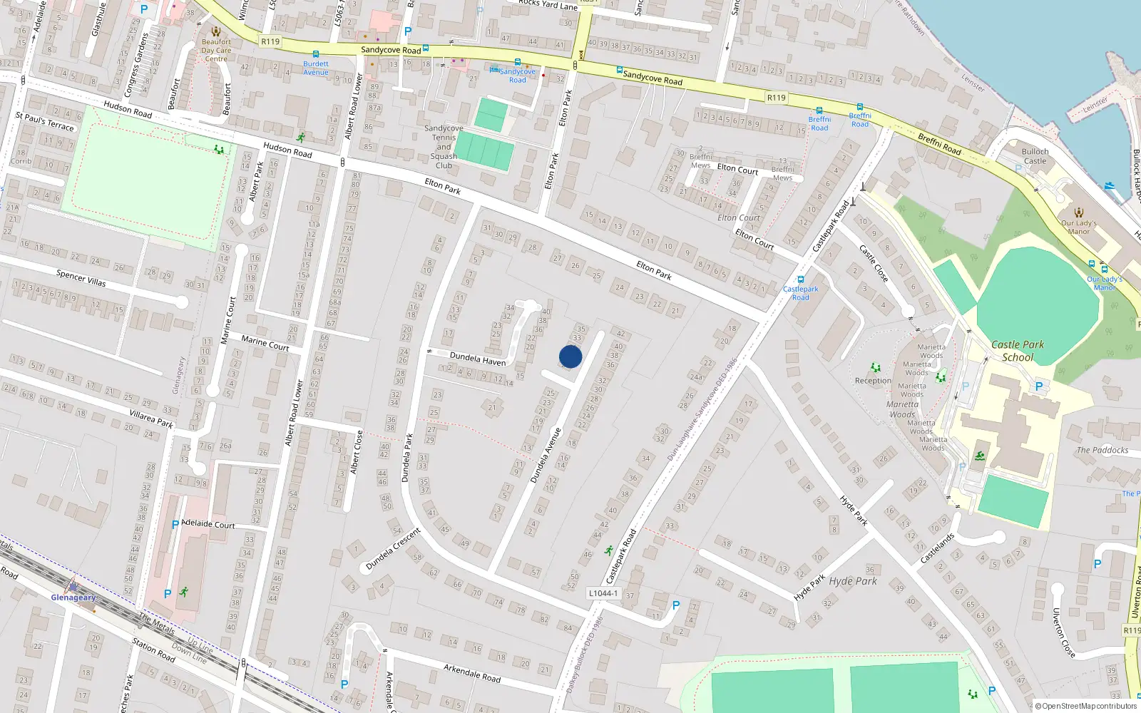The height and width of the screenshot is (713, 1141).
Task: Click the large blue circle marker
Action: coord(570,356)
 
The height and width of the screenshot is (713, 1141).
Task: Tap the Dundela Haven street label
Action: coord(477,358)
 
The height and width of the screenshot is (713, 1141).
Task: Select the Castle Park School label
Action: coord(1018,351)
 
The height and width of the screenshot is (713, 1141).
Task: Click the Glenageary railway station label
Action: coord(73,597)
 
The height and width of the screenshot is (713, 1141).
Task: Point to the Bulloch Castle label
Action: coord(1035,156)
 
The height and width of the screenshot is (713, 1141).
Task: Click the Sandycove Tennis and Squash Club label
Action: coord(444,147)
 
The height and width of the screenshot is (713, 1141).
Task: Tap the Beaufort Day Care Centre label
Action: coord(216,50)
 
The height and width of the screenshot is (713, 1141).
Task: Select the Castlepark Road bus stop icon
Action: coord(801,279)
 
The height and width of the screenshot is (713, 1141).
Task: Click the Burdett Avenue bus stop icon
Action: coord(316,54)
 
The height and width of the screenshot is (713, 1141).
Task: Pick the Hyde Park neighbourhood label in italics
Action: coord(853,581)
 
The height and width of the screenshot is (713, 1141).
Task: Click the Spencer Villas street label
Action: coord(81,277)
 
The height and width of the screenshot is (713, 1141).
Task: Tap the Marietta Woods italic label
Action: coord(903,409)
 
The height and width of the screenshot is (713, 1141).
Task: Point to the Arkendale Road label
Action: coord(472,673)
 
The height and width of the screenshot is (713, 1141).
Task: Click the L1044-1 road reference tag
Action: coord(603,593)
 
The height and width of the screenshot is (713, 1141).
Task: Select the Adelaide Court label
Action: coord(208,524)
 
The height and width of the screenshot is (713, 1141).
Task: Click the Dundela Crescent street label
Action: coord(393,549)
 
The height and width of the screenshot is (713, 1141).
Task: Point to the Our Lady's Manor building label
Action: coord(1078,227)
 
